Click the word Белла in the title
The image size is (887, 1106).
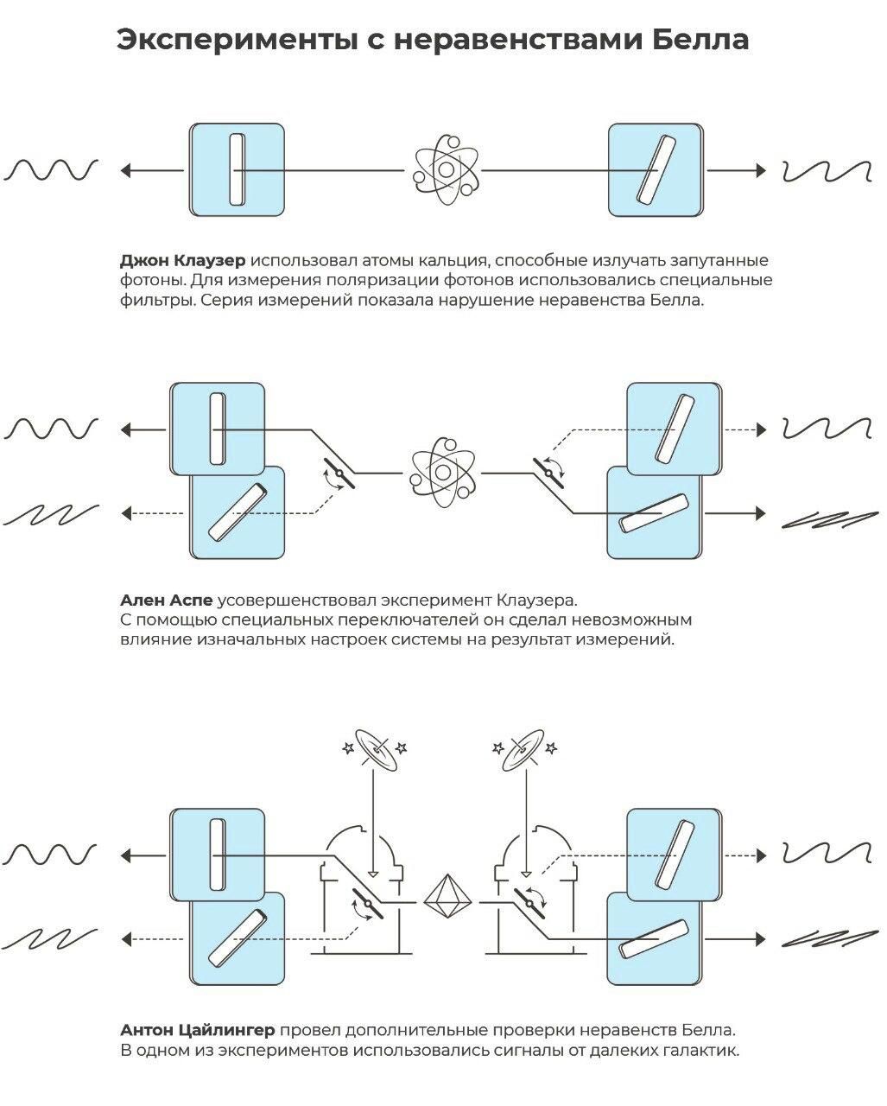[x=700, y=40]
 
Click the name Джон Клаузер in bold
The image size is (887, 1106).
[x=183, y=261]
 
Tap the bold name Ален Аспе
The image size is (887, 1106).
[x=166, y=600]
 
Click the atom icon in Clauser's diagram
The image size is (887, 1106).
[x=446, y=169]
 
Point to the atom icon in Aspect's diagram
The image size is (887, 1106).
[x=442, y=472]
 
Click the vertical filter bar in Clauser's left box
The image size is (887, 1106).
[x=237, y=169]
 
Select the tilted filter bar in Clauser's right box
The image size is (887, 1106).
[x=656, y=168]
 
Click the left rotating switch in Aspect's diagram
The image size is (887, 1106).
[x=339, y=474]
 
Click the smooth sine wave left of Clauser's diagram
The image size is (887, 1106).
[x=51, y=169]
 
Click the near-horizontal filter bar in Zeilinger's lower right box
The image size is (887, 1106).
[x=654, y=939]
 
